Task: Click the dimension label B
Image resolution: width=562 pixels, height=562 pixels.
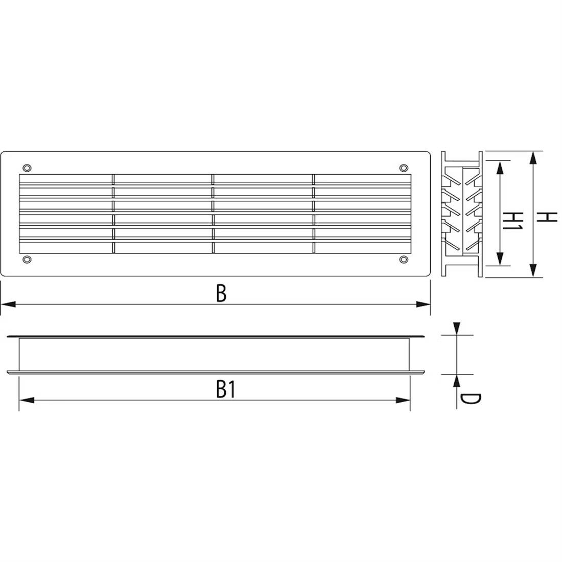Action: click(x=220, y=293)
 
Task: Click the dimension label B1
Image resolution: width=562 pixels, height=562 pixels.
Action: click(x=225, y=390)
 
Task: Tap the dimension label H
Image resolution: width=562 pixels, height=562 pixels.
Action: click(x=546, y=217)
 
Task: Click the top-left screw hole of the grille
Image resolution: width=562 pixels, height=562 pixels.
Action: click(x=27, y=168)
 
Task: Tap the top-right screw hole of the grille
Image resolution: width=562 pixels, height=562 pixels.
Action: click(x=404, y=168)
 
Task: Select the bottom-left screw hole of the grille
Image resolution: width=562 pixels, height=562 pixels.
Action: click(x=27, y=260)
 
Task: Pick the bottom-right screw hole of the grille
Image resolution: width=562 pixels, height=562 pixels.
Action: click(x=404, y=260)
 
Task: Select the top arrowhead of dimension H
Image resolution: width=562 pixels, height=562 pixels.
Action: click(x=533, y=157)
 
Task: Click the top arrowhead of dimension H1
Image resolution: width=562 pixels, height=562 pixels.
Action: click(x=499, y=166)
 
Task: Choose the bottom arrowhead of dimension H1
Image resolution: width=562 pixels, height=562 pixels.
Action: click(x=499, y=260)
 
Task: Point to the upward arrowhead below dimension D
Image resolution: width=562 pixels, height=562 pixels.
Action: click(x=457, y=380)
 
